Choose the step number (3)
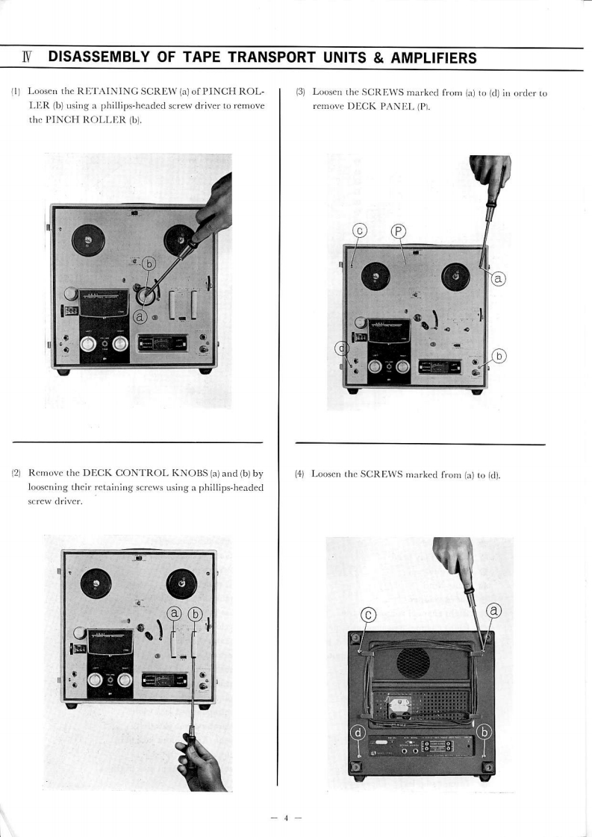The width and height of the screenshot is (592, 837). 301,93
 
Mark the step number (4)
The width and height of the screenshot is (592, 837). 301,473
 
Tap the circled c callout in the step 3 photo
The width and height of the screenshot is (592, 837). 359,231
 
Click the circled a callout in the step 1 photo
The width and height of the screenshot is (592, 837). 138,317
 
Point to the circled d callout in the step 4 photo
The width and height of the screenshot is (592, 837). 358,733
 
